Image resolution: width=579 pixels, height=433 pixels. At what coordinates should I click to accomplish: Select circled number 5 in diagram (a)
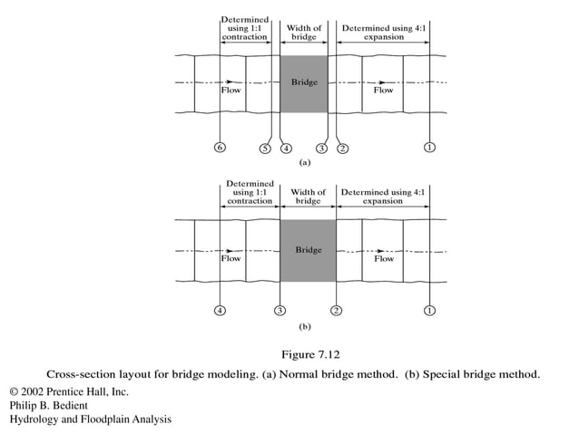(265, 148)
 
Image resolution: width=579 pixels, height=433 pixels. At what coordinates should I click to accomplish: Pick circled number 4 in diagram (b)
(221, 311)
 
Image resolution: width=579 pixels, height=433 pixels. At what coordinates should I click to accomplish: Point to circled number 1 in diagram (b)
(428, 311)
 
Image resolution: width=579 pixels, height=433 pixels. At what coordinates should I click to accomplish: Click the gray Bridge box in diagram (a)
(304, 83)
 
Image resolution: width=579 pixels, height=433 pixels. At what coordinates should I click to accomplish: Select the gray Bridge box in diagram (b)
(308, 249)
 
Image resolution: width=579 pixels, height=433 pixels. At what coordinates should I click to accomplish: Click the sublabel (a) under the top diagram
(305, 164)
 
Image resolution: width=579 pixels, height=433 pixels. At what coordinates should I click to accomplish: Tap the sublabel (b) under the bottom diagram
(306, 323)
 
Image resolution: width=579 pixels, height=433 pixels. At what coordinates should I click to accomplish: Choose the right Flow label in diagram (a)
(384, 91)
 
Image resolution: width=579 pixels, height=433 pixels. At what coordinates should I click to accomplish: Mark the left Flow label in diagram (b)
(231, 258)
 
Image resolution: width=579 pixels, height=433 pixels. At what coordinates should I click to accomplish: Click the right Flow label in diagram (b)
(384, 258)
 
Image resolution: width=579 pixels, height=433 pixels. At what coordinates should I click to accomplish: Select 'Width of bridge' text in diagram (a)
(305, 33)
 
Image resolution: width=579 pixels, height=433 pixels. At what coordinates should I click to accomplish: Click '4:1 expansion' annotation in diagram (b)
(382, 197)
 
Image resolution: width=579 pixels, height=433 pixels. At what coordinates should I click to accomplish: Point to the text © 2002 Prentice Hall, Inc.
(68, 391)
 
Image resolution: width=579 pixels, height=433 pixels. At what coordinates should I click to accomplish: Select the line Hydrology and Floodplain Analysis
(90, 419)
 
